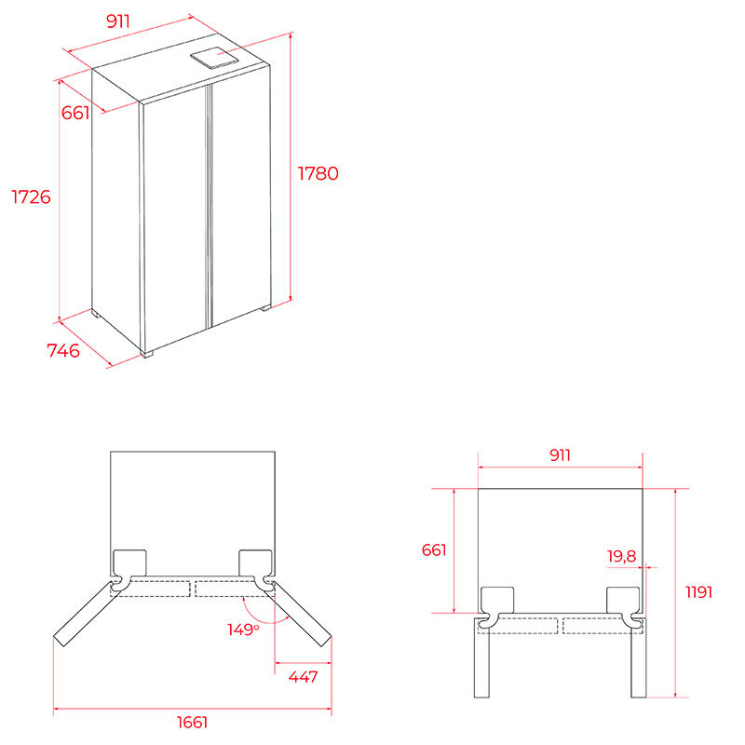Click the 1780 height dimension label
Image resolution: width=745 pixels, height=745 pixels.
tap(318, 173)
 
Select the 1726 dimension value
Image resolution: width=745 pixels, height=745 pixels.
tap(31, 196)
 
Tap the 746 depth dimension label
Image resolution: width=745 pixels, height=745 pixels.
tap(63, 351)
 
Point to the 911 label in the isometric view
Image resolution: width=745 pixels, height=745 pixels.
tap(118, 20)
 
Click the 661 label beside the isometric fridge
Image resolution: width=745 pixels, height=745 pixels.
tap(75, 113)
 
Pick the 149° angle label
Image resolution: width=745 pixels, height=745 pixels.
tap(243, 630)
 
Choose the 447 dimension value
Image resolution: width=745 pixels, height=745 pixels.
tap(304, 677)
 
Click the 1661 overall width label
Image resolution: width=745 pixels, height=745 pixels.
tap(193, 723)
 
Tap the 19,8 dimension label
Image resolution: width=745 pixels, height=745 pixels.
tap(621, 555)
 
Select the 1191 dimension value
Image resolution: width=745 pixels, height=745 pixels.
tap(699, 592)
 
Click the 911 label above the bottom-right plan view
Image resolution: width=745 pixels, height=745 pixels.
tap(561, 455)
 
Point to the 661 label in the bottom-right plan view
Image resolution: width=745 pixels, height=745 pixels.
tap(434, 550)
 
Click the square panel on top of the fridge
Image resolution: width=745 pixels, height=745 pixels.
tap(214, 58)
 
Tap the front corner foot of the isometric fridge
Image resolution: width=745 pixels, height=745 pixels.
tap(148, 354)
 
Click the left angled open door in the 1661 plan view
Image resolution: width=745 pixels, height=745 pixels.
tap(87, 614)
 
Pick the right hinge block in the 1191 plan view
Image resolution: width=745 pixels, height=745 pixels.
tap(623, 600)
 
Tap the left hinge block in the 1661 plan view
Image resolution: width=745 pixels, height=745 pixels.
tap(129, 563)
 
